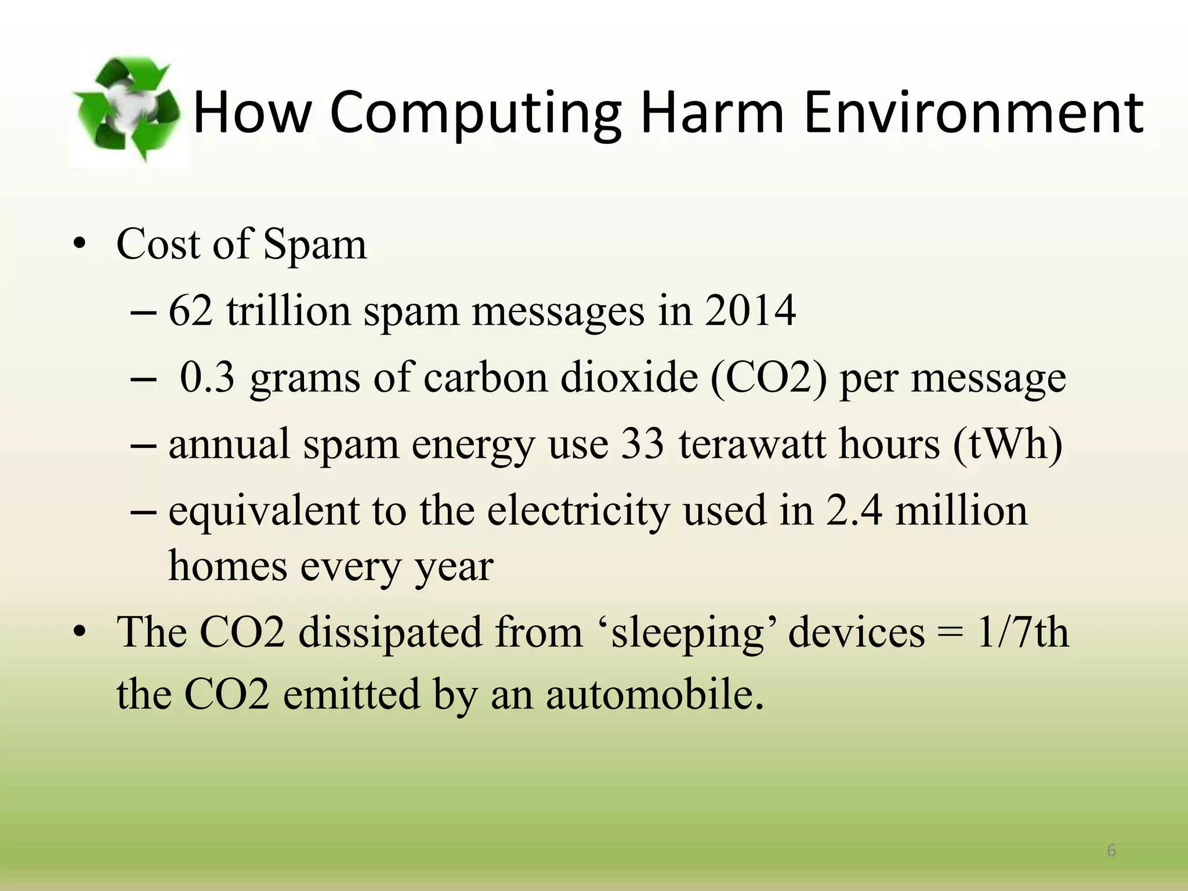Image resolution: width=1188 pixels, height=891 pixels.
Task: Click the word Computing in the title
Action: tap(476, 113)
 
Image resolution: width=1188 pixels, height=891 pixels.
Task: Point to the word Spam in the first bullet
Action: tap(315, 245)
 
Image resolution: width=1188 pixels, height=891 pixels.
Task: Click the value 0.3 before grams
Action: tap(207, 377)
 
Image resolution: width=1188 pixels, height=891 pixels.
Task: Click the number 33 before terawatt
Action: tap(642, 444)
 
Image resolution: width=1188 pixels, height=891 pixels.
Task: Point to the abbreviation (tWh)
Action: tap(1008, 444)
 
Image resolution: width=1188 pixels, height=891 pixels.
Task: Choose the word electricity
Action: tap(578, 510)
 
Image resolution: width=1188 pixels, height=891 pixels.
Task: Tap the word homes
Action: tap(227, 566)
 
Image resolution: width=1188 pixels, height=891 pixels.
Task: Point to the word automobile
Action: tap(654, 694)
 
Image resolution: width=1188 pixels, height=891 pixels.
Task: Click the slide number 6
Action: tap(1111, 850)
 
